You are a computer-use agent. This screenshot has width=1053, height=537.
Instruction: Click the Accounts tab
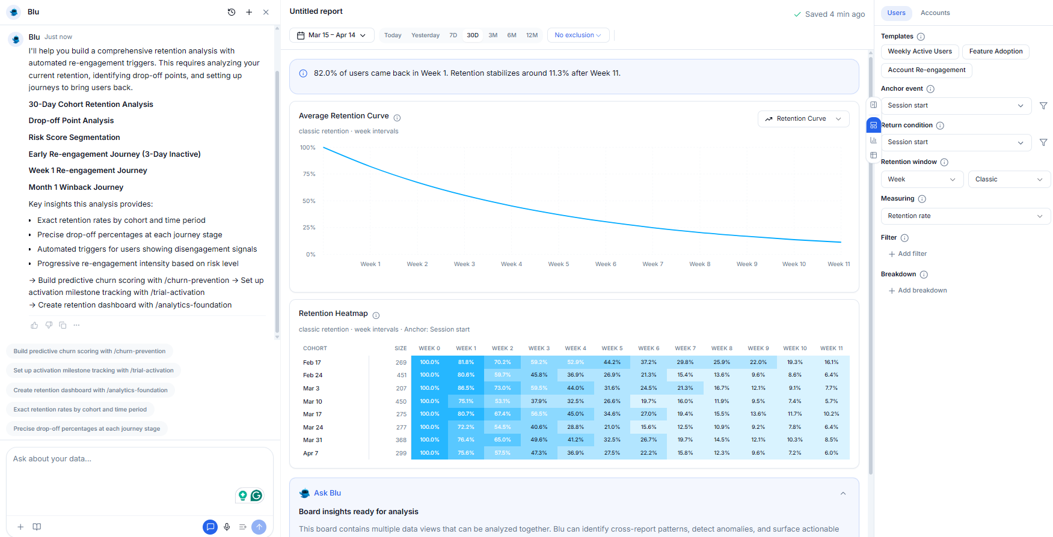pos(935,13)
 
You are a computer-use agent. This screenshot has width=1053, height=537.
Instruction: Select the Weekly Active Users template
pos(919,52)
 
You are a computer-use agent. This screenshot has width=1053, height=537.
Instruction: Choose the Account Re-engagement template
pos(926,70)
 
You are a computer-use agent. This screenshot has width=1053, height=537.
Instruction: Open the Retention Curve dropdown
pos(803,119)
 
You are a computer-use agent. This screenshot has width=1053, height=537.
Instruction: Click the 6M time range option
pos(511,35)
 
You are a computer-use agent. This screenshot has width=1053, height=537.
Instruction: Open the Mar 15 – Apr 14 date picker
pos(331,35)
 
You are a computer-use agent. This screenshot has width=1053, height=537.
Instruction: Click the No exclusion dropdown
pos(577,35)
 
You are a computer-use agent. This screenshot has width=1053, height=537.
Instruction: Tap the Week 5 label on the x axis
pos(558,264)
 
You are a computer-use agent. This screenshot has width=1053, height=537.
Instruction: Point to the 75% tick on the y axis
pos(309,174)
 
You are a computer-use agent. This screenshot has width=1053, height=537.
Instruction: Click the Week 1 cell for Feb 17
pos(465,362)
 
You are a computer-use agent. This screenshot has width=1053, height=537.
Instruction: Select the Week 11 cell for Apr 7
pos(831,453)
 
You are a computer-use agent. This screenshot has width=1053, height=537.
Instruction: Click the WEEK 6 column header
pos(648,348)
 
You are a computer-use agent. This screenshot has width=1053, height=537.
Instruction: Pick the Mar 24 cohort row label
pos(313,428)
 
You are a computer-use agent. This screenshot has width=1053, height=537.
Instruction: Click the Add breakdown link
pos(922,291)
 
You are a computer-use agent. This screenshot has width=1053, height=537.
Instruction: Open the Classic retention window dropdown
pos(1008,180)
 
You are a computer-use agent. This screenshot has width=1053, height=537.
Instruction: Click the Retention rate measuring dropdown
pos(965,216)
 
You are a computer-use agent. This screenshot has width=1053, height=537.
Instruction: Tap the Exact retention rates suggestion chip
pos(80,410)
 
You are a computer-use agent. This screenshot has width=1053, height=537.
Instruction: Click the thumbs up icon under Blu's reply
pos(34,326)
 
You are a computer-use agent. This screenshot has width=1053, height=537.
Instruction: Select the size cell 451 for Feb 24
pos(401,375)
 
